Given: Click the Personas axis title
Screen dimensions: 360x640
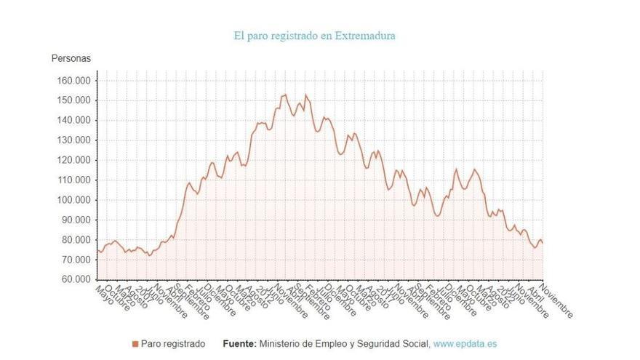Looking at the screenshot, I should click(x=71, y=58).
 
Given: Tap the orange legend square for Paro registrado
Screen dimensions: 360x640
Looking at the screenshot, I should click(x=135, y=344).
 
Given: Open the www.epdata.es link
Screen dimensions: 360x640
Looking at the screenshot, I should click(x=465, y=344).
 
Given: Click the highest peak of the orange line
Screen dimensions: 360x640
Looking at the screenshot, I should click(x=285, y=95).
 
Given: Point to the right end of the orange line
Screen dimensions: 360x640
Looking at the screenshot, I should click(x=543, y=243).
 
